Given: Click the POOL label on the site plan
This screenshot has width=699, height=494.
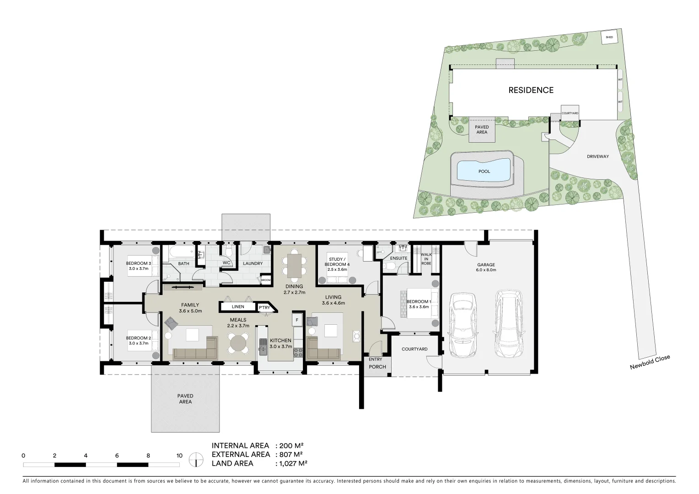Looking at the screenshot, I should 484,172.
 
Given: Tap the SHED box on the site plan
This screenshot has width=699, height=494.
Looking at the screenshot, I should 609,37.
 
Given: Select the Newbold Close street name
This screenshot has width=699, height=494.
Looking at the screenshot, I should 650,362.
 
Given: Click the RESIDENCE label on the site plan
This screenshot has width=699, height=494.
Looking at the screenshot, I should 531,90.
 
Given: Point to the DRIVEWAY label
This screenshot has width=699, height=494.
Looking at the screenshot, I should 598,156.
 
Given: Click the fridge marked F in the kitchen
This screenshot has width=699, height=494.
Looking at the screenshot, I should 297,319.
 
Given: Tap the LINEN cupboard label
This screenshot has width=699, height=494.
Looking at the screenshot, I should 238,307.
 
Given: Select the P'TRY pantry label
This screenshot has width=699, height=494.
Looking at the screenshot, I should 264,308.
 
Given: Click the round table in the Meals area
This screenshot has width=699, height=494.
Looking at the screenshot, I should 238,342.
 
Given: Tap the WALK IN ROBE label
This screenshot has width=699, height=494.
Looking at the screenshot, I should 426,259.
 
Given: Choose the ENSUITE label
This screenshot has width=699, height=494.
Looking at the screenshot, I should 398,258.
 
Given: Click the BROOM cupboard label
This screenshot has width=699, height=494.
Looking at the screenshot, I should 266,280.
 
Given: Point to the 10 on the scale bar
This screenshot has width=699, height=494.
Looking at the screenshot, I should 179,456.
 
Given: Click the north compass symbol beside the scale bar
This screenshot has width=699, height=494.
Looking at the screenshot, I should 196,460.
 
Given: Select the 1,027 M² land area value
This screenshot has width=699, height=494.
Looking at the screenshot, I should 291,463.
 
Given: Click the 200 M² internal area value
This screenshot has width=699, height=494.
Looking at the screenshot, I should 290,446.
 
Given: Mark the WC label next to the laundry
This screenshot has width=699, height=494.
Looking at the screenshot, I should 226,263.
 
